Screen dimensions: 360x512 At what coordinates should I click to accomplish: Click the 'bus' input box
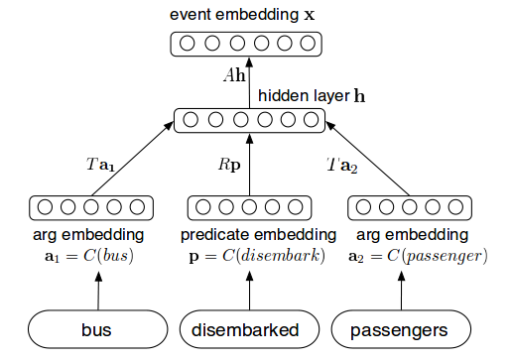97,328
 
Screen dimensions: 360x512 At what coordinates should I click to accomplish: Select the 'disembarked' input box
249,328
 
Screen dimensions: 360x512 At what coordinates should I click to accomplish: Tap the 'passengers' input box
400,328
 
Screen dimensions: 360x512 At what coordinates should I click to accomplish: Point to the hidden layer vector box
249,120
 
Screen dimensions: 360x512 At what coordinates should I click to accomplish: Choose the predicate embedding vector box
249,208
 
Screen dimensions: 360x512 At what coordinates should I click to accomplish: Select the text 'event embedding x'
248,16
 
